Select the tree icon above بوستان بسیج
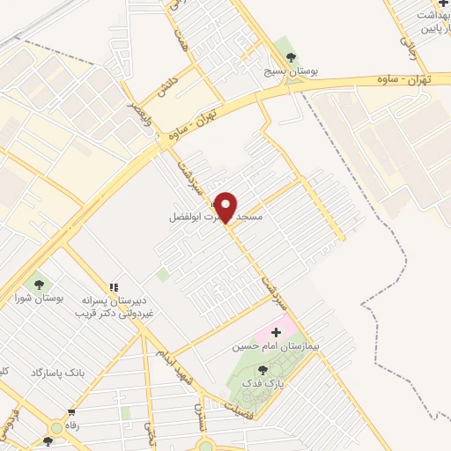click(282, 43)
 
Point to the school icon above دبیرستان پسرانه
click(114, 287)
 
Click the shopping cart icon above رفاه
click(71, 411)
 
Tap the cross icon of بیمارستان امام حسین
click(277, 332)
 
